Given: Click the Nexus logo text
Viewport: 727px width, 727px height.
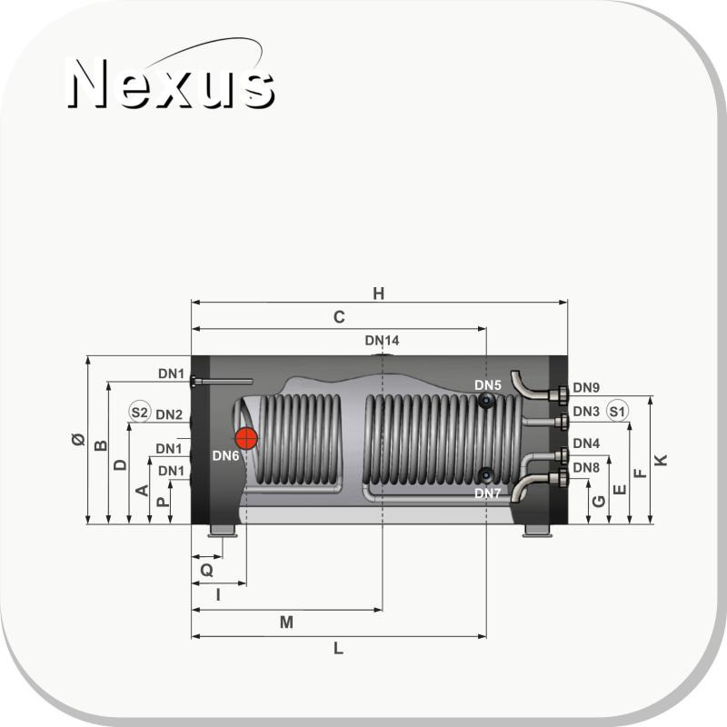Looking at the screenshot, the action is click(x=172, y=84).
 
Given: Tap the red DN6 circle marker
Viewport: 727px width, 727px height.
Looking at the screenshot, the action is click(x=246, y=438).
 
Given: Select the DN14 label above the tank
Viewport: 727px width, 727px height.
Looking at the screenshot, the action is click(x=382, y=340).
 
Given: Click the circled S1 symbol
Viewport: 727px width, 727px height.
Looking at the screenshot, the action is click(x=617, y=412).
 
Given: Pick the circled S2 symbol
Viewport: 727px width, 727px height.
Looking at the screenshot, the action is click(x=140, y=412).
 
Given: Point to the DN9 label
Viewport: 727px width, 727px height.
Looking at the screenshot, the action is click(x=586, y=388).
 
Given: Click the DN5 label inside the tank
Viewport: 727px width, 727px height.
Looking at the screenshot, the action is click(x=488, y=385).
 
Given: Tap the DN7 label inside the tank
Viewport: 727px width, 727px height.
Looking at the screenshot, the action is click(x=487, y=493).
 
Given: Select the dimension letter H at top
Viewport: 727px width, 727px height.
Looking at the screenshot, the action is click(x=379, y=294).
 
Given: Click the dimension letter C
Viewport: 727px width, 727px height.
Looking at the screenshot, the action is click(x=339, y=317).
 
